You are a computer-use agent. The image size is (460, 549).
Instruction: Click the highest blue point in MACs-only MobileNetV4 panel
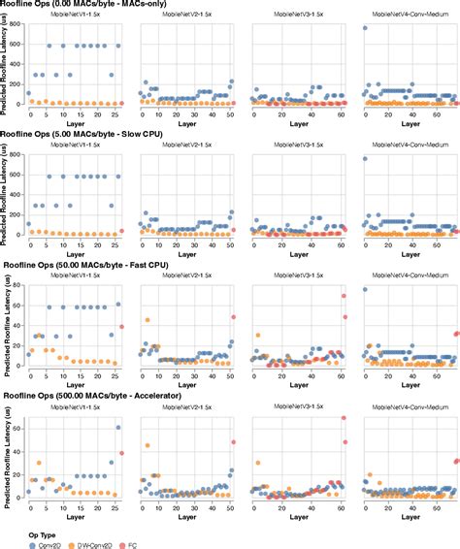tap(365, 28)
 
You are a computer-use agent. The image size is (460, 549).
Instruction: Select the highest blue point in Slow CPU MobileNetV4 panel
tap(365, 158)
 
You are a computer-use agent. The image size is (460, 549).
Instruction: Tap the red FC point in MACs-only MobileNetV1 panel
tap(121, 102)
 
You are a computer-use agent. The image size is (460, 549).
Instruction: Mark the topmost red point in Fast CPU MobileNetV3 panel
tap(344, 296)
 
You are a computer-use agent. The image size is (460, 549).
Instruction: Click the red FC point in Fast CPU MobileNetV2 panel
tap(232, 317)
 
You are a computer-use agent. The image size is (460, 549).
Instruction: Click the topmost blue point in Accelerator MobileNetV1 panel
tap(118, 428)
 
